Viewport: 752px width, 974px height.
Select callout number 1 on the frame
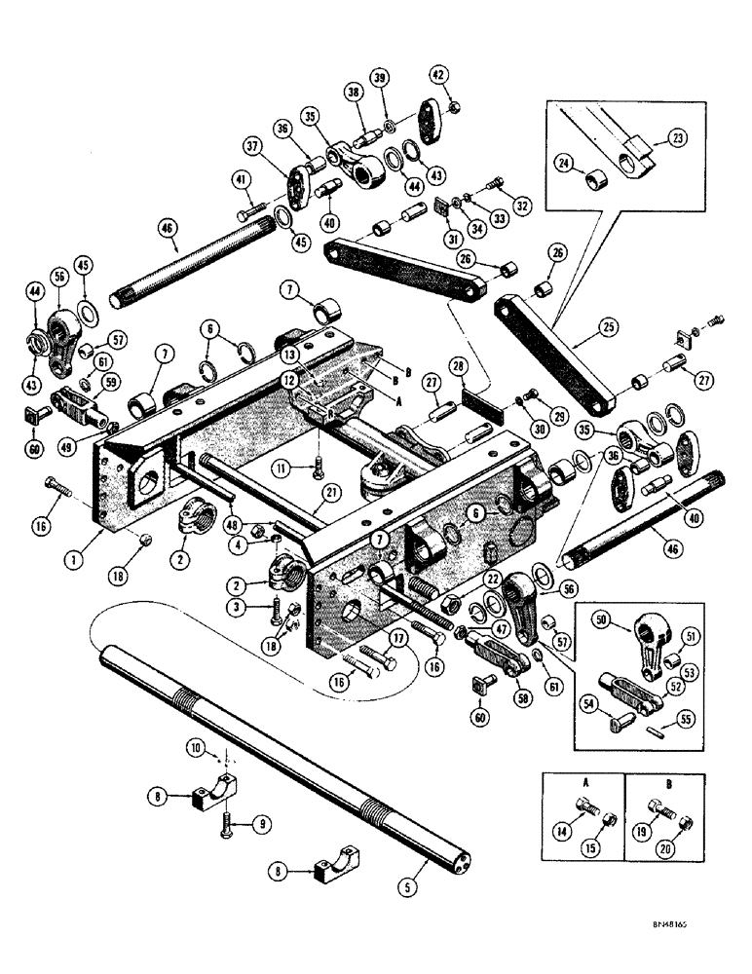coord(101,535)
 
